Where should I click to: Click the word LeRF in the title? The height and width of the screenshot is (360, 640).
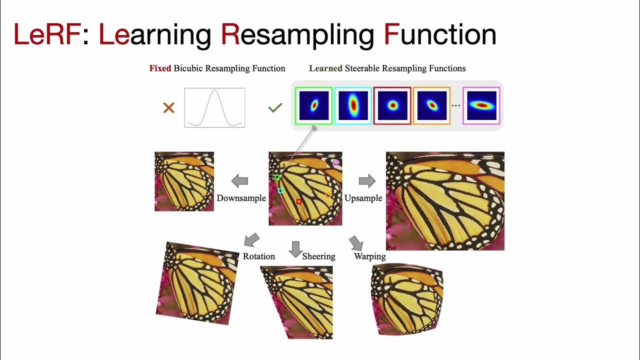click(47, 34)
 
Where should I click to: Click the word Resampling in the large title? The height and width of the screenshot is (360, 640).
click(297, 34)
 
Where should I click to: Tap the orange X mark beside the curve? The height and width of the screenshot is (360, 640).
click(169, 107)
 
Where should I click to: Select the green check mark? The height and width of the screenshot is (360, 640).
click(275, 107)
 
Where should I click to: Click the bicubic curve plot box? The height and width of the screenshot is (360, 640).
click(214, 107)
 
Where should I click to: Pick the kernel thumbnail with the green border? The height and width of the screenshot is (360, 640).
click(313, 105)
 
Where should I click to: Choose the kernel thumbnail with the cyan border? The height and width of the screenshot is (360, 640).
click(353, 105)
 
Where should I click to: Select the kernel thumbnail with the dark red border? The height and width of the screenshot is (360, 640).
click(392, 105)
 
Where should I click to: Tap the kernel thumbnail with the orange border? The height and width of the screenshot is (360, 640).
click(431, 105)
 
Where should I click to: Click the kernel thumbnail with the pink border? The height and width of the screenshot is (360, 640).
click(481, 105)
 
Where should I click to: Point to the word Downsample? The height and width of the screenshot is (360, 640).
click(241, 198)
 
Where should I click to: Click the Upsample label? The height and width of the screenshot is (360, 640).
click(363, 198)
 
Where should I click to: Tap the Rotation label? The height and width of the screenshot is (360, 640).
click(259, 256)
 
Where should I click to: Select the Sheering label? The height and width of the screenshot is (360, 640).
click(318, 256)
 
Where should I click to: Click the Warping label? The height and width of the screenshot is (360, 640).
click(370, 256)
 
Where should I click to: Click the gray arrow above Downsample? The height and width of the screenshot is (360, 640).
click(240, 180)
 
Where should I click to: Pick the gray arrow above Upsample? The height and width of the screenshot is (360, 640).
click(367, 180)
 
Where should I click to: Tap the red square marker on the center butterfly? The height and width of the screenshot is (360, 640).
click(299, 201)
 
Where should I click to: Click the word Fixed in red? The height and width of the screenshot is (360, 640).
click(160, 68)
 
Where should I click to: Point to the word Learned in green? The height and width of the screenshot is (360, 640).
click(325, 68)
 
